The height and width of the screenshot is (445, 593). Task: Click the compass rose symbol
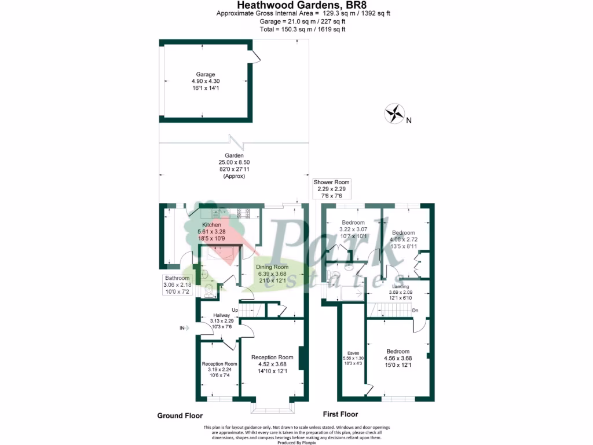coord(394,113)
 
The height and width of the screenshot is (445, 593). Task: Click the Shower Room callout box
coord(332,189)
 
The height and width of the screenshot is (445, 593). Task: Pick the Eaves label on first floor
coord(353,359)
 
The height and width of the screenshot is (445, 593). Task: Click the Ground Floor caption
coord(180,415)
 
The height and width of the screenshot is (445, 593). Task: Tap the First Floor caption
coord(340,414)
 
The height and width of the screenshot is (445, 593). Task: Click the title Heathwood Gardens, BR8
coord(296,5)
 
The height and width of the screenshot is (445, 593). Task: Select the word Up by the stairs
coord(235,310)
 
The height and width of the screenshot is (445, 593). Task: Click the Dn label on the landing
coord(415,311)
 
